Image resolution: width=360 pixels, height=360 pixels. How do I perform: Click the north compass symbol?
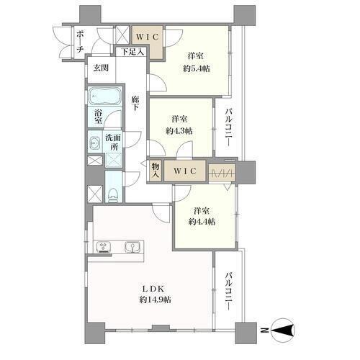point(284,330)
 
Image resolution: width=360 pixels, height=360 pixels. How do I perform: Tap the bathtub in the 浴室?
point(105,96)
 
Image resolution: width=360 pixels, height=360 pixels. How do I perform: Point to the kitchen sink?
point(132,247)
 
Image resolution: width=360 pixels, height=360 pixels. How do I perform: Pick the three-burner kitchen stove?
point(104,248)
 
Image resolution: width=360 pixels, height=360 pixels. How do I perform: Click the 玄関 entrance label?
point(101,68)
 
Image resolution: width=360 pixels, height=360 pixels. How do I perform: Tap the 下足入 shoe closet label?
point(132,52)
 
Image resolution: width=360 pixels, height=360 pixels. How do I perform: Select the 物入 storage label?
point(156,170)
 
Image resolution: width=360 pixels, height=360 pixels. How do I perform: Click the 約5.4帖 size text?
point(197,69)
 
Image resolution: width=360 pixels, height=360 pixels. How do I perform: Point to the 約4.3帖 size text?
point(179,131)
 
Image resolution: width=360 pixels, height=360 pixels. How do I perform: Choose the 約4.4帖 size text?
point(202,222)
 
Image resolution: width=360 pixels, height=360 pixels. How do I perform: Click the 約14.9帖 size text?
point(156,300)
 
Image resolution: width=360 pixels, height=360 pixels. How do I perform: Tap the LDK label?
point(153,289)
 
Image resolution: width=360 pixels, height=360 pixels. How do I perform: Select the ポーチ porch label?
point(80,42)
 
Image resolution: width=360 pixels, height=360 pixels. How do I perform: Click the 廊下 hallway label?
point(135,103)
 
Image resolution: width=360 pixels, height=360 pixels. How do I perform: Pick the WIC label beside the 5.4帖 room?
point(148,37)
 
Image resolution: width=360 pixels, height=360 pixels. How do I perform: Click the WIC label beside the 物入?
point(185,171)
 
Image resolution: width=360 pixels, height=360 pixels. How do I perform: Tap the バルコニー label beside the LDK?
point(229,291)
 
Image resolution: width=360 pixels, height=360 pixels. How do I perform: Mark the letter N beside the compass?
point(264,330)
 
